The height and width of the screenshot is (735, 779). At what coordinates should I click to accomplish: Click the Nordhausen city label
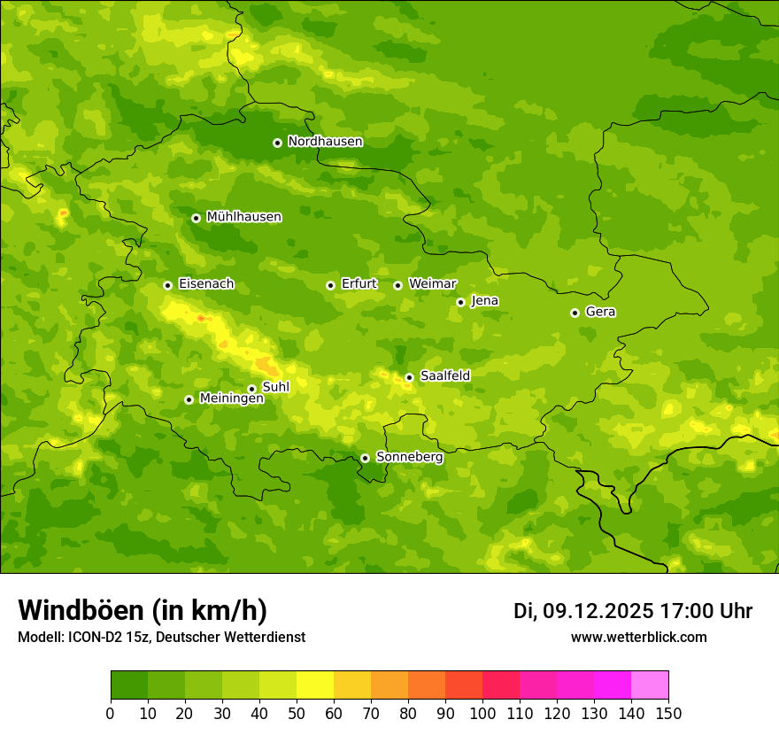[x=325, y=142]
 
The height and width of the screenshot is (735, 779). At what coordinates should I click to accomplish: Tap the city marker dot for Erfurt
[x=330, y=285]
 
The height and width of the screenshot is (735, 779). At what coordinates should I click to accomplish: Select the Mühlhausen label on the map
[x=243, y=217]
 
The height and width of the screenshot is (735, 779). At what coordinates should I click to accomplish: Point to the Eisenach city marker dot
[x=167, y=285]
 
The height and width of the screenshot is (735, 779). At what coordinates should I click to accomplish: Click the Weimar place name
[x=432, y=284]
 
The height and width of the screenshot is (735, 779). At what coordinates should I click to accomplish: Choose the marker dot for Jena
[x=460, y=302]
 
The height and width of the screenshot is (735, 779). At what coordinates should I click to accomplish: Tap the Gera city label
[x=600, y=312]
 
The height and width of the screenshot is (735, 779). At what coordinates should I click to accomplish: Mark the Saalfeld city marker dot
[x=409, y=377]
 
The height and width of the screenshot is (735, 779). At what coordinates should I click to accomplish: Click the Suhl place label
[x=275, y=387]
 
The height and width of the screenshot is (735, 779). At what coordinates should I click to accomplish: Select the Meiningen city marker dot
[x=189, y=399]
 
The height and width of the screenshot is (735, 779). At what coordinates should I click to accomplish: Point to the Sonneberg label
[x=409, y=457]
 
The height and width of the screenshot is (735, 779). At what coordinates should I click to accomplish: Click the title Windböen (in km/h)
[x=142, y=610]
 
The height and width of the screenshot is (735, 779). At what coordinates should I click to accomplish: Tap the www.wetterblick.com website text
[x=638, y=637]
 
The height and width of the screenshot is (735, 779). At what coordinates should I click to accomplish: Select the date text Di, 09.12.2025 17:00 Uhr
[x=632, y=611]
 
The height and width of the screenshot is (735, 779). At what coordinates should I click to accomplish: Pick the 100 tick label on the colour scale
[x=482, y=714]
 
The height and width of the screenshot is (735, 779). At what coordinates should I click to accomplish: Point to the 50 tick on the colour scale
[x=297, y=714]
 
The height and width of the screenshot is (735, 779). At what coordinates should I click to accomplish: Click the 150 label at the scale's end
[x=668, y=714]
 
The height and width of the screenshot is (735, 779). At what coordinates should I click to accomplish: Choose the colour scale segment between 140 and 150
[x=650, y=685]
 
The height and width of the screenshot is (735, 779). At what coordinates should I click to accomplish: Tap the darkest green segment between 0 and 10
[x=129, y=685]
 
